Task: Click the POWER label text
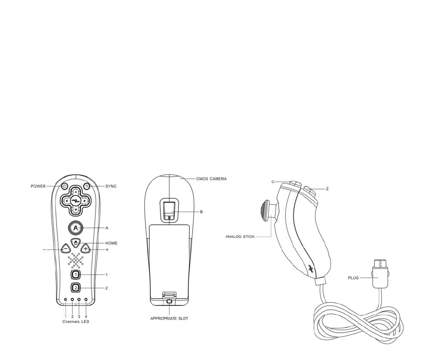[x=38, y=186]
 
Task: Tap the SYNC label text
[x=111, y=186]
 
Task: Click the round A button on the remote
[x=76, y=228]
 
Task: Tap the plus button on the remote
[x=85, y=249]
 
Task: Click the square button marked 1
[x=76, y=275]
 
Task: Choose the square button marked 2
[x=76, y=288]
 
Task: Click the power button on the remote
[x=64, y=186]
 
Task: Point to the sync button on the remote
[x=87, y=186]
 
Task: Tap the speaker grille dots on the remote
[x=76, y=260]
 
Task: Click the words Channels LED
[x=76, y=322]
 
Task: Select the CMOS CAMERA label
[x=211, y=179]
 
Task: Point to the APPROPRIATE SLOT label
[x=169, y=318]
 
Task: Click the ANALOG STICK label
[x=240, y=237]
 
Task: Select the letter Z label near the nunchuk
[x=327, y=189]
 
